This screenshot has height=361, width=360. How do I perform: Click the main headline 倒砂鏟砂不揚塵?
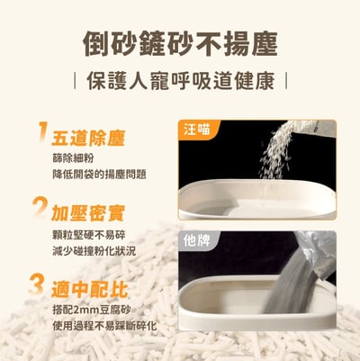[x=180, y=43]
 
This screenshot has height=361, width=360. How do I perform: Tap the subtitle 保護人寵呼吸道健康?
[x=180, y=80]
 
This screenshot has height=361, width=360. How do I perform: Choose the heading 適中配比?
[x=88, y=288]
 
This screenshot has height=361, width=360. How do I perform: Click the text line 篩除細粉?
[x=74, y=158]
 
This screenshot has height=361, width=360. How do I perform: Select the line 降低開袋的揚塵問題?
[x=99, y=174]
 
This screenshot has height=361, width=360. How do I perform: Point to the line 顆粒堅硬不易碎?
[x=94, y=232]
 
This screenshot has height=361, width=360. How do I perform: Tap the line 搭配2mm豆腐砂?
[x=93, y=307]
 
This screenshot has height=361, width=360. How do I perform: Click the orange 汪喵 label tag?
[x=197, y=131]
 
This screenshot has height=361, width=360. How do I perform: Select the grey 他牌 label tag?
[x=197, y=241]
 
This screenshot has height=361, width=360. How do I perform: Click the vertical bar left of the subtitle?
[x=75, y=80]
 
